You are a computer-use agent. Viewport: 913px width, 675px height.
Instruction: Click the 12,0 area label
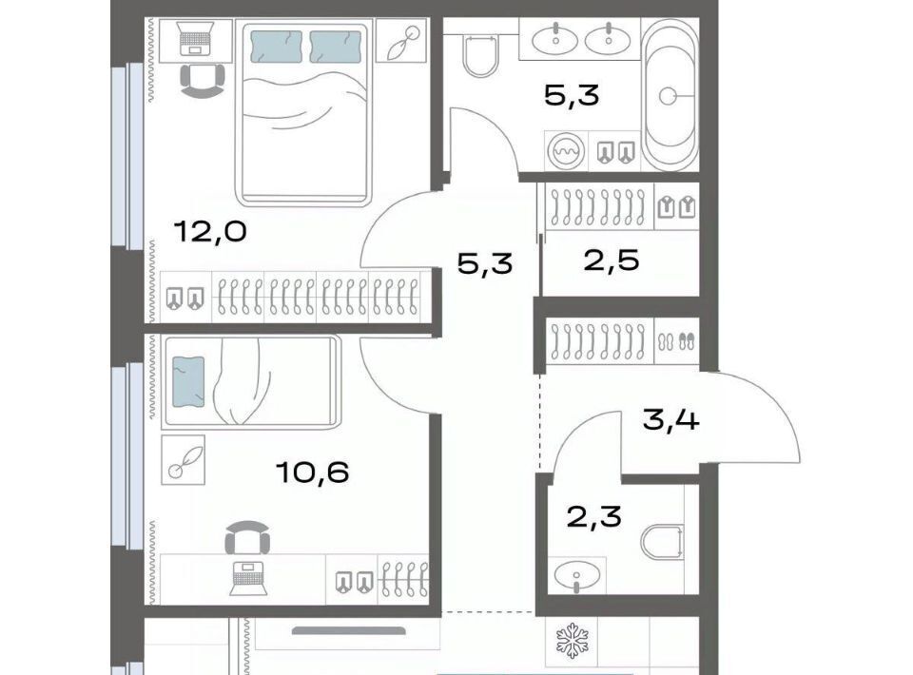(210, 232)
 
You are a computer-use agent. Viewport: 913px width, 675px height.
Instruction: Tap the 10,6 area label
(313, 472)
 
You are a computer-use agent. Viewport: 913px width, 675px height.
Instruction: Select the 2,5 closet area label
(612, 260)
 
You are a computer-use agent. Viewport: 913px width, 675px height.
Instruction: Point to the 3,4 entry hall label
(670, 419)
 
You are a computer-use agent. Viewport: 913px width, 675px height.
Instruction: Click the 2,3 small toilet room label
(593, 516)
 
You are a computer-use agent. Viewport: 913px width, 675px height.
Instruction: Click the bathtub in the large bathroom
(670, 95)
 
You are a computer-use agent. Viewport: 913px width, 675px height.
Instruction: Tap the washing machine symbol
(566, 151)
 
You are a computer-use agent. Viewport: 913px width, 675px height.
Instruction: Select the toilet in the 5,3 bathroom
(480, 55)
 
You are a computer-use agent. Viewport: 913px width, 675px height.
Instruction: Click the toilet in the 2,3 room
(663, 541)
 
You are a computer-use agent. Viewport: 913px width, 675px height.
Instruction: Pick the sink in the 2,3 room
(576, 576)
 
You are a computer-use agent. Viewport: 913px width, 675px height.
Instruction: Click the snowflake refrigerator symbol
(573, 641)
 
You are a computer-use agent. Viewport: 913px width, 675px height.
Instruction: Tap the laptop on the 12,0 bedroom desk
(194, 40)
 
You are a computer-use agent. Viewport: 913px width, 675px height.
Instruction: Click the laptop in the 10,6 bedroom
(248, 578)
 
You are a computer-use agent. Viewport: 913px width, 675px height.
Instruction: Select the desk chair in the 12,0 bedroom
(202, 80)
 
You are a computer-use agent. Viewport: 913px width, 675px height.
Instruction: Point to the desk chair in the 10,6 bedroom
(247, 538)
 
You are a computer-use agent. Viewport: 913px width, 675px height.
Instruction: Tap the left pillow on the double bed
(276, 47)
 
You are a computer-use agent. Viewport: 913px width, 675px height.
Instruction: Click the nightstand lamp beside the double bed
(401, 40)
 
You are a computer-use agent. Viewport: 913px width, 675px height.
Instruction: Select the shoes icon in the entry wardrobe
(676, 341)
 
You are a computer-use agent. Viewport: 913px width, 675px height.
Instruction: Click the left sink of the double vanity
(556, 39)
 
